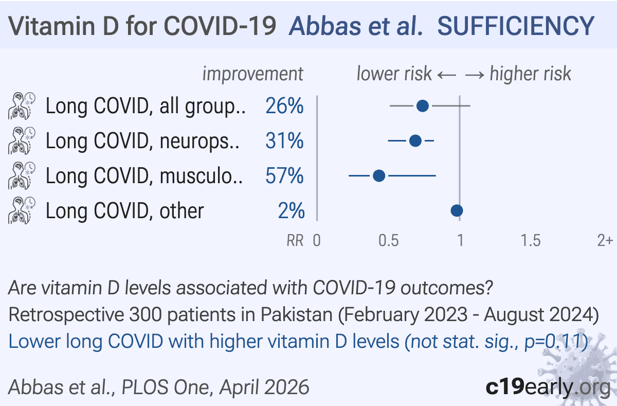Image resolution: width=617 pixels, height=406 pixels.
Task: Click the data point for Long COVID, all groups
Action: point(423,106)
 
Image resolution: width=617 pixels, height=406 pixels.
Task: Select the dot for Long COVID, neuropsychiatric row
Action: point(415,140)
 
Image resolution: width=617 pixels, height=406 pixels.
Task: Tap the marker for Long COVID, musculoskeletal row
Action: point(379,176)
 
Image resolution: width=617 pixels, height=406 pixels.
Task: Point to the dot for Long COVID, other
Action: point(457,210)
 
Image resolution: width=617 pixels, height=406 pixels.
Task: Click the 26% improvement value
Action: point(284,107)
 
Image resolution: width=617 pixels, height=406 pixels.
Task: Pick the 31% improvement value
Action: point(284,141)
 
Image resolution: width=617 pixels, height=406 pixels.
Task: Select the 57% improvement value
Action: point(284,176)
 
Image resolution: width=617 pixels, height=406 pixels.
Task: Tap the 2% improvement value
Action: point(291,211)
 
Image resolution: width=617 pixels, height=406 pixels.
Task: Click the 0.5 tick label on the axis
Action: point(388,241)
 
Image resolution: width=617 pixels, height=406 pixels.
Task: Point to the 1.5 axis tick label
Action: point(530,241)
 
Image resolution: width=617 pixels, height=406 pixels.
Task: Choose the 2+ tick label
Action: point(605,241)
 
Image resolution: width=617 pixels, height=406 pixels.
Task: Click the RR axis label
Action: point(295,241)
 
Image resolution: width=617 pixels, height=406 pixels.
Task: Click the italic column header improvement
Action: point(252,74)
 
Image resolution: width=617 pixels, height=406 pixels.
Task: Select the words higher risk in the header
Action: point(530,74)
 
